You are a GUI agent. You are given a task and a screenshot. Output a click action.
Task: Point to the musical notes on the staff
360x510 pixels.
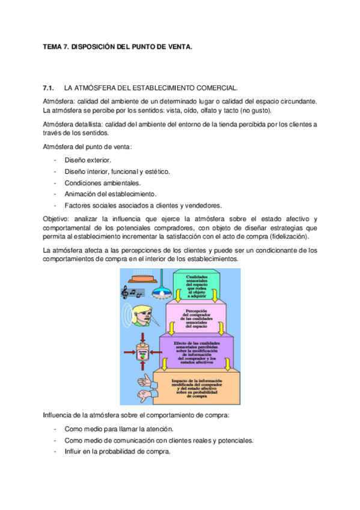pyautogui.click(x=133, y=292)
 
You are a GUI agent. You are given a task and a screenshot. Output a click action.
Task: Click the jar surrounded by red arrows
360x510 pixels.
pyautogui.click(x=143, y=353)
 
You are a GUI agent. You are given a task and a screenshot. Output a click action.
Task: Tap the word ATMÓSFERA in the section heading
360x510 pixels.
pyautogui.click(x=97, y=88)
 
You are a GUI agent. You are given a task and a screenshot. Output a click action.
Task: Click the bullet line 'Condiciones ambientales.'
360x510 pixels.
pyautogui.click(x=103, y=182)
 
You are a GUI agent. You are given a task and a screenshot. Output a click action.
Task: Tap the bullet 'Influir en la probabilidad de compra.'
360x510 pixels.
pyautogui.click(x=118, y=451)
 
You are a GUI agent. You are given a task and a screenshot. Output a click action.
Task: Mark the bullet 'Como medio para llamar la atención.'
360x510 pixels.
pyautogui.click(x=119, y=429)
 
